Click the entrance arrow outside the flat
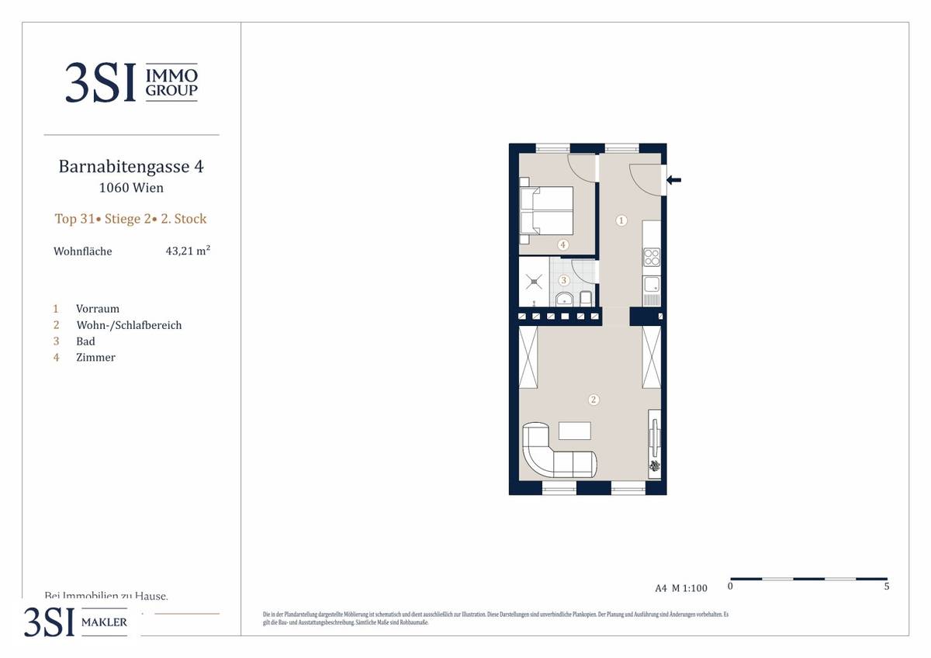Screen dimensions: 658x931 [x=674, y=180]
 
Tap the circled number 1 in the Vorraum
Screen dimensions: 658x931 [x=621, y=220]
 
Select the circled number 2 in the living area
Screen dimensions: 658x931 [x=594, y=400]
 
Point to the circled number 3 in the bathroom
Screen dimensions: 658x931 [x=564, y=280]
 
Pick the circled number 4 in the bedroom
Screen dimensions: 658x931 [x=563, y=244]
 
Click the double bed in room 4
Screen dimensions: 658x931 [x=545, y=210]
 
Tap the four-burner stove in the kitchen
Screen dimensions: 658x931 [x=652, y=256]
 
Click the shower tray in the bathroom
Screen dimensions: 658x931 [x=534, y=282]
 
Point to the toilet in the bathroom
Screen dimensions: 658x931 [x=587, y=299]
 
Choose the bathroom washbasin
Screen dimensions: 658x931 [x=563, y=299]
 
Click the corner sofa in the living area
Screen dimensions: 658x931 [x=555, y=454]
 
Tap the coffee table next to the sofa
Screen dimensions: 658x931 [x=574, y=431]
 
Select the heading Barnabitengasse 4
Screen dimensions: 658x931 [x=131, y=167]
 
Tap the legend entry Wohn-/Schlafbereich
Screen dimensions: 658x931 [x=129, y=325]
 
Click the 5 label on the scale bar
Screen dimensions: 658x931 [x=886, y=587]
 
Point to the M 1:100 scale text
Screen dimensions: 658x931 [x=690, y=588]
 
